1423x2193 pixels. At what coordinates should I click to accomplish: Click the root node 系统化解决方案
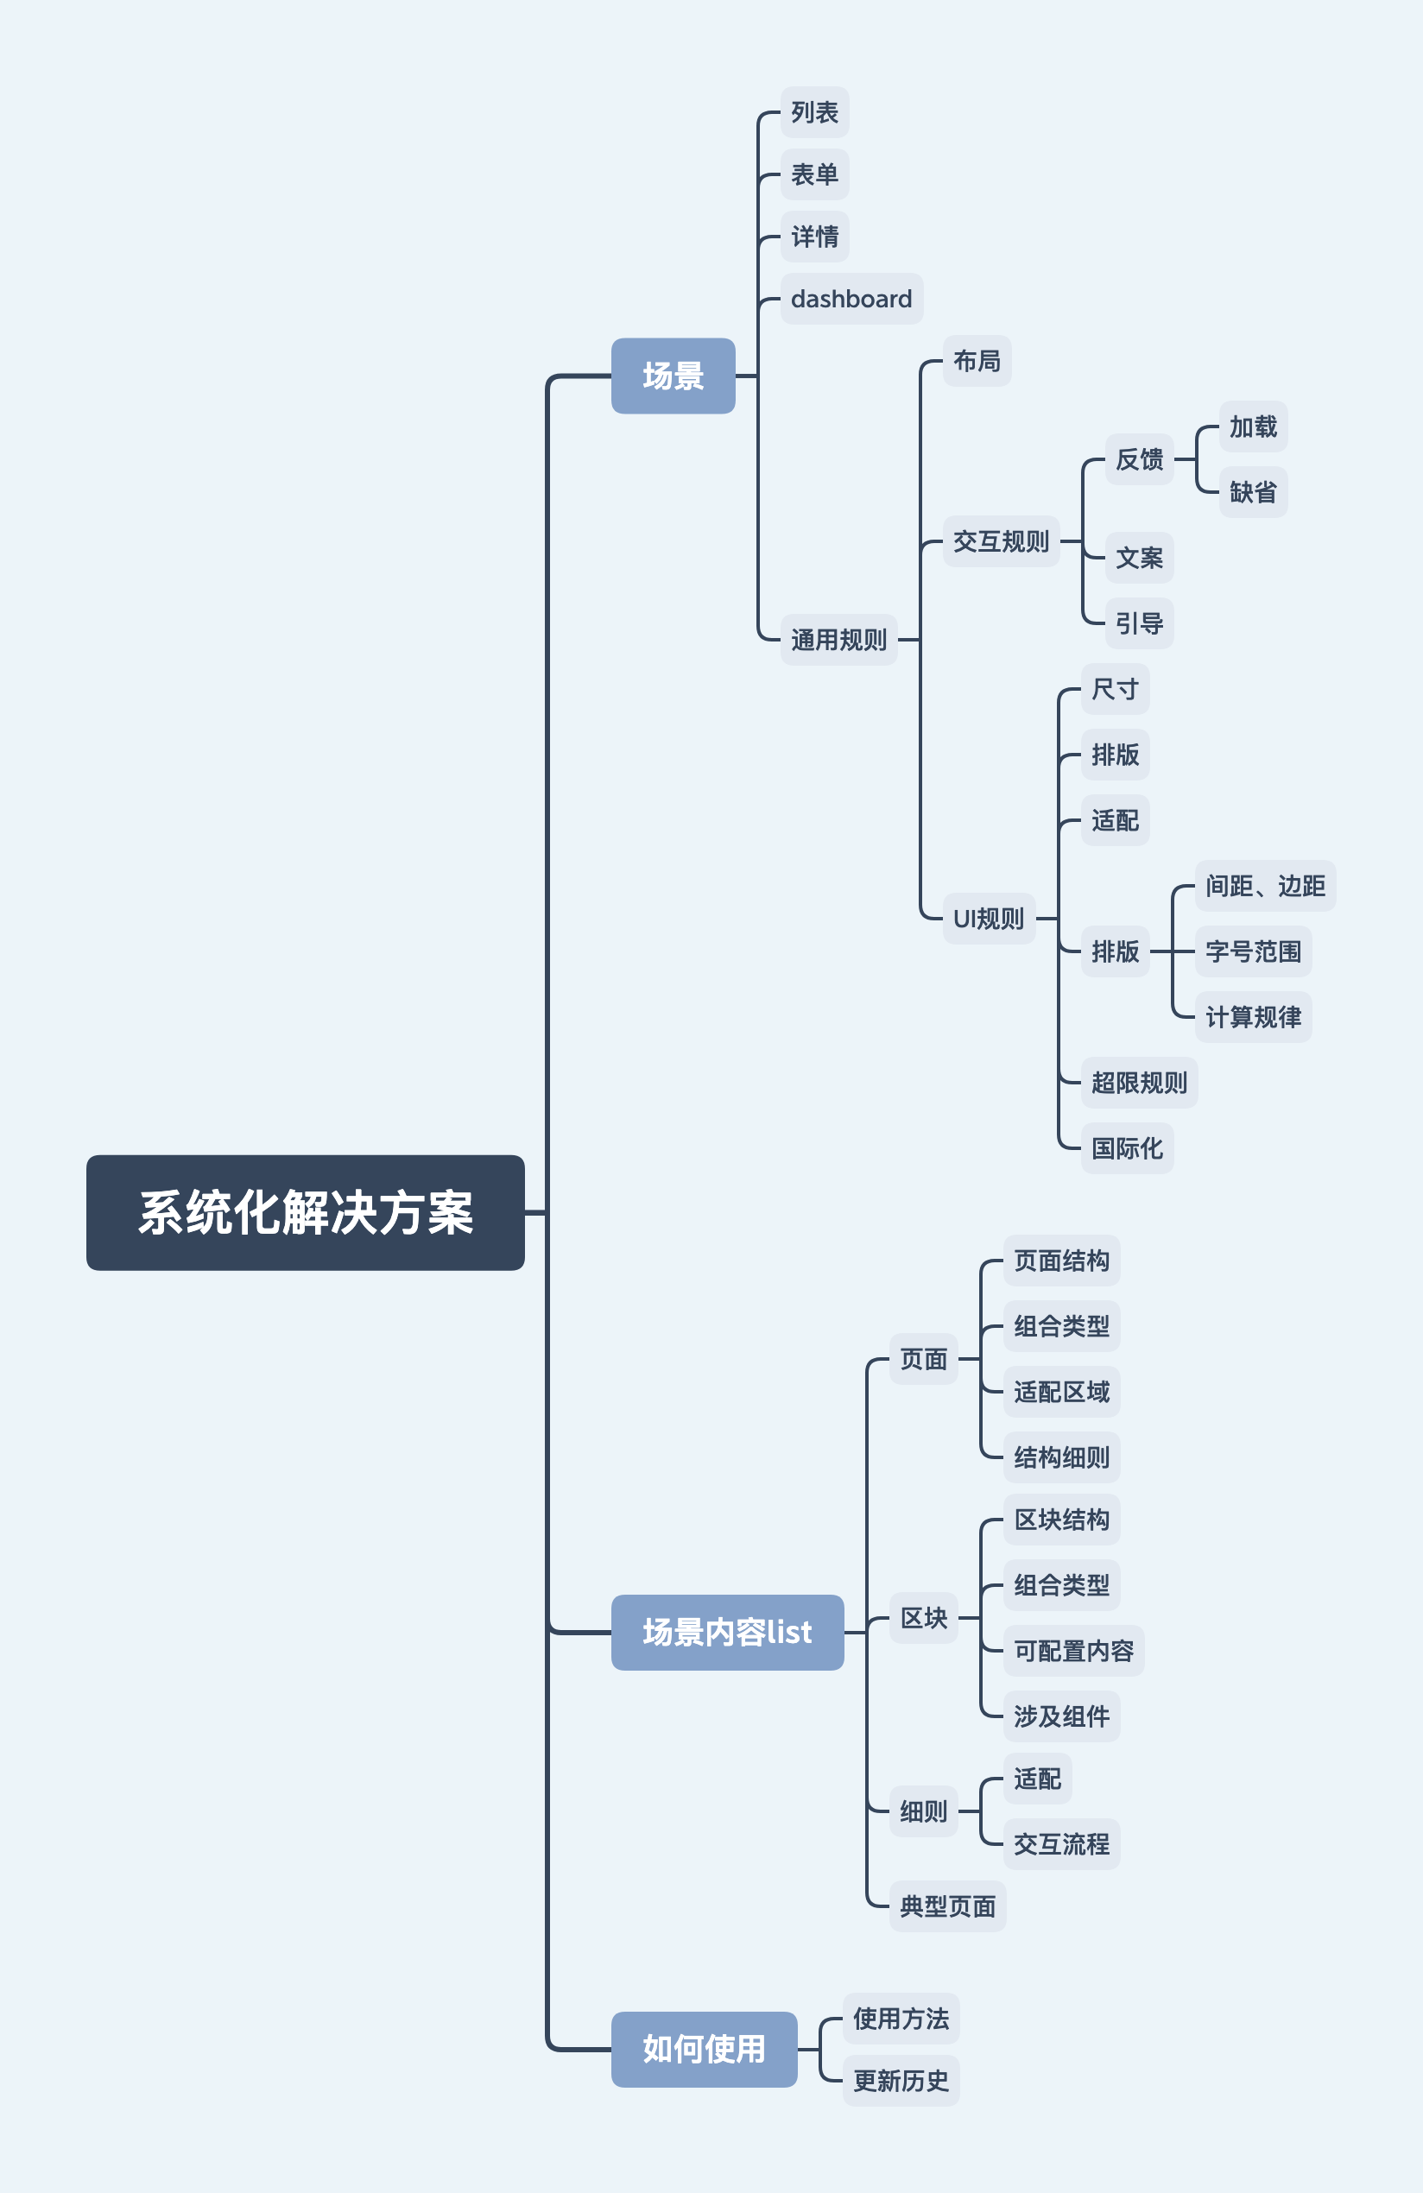click(305, 1211)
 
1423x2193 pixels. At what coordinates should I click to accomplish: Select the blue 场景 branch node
click(673, 376)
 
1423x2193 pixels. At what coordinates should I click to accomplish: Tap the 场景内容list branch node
click(727, 1632)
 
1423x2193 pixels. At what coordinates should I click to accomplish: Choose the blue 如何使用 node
click(704, 2050)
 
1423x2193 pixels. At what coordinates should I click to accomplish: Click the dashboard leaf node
click(851, 299)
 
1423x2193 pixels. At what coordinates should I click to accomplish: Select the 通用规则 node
click(838, 640)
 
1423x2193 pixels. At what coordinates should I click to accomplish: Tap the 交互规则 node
click(1001, 540)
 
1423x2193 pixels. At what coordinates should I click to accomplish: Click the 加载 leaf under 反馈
click(1253, 427)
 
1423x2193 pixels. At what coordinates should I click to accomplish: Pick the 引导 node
click(1139, 623)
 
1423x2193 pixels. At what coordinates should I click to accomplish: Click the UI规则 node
click(988, 918)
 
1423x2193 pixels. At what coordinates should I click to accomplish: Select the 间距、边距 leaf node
click(1264, 886)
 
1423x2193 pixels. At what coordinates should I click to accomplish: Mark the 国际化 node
click(1126, 1148)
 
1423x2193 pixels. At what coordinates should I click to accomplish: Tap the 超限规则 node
click(1139, 1083)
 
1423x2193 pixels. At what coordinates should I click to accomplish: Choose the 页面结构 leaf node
click(1061, 1261)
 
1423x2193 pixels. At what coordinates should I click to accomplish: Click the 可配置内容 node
click(1072, 1650)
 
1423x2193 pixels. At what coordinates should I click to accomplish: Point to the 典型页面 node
click(947, 1905)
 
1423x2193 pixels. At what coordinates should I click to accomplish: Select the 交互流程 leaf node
click(1061, 1844)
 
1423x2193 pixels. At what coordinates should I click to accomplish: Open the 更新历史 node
click(901, 2081)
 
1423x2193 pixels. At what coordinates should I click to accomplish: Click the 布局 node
click(976, 360)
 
